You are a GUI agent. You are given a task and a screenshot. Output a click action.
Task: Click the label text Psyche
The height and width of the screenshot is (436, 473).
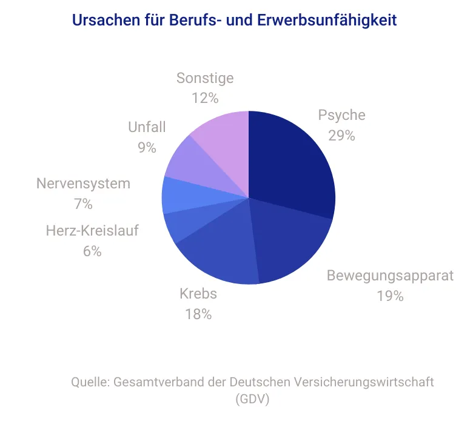(x=342, y=116)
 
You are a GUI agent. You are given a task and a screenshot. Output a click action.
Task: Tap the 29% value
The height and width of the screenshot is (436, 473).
(x=342, y=136)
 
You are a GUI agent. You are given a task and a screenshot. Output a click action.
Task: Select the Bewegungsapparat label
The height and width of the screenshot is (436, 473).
(x=390, y=276)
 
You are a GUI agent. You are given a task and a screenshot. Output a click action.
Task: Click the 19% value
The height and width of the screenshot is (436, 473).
(x=390, y=296)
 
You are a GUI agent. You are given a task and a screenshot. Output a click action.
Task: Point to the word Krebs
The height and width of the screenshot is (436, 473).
(x=198, y=294)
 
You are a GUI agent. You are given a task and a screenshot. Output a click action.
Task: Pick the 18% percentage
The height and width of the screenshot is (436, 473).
(x=198, y=314)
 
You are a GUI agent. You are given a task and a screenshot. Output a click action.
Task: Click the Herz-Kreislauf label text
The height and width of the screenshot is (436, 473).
(x=92, y=231)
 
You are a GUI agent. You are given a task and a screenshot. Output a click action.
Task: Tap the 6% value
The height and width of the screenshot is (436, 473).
(x=92, y=251)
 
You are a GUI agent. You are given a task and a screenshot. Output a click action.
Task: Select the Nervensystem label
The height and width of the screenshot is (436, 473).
(x=83, y=184)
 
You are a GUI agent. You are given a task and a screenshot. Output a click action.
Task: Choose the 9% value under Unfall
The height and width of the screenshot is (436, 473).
(x=147, y=148)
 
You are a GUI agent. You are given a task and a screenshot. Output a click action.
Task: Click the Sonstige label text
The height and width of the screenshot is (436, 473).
(x=205, y=78)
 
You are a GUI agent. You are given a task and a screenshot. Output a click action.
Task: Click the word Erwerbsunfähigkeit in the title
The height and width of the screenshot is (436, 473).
(x=327, y=20)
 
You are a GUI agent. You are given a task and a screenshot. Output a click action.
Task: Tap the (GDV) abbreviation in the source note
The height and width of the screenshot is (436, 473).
(x=252, y=399)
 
